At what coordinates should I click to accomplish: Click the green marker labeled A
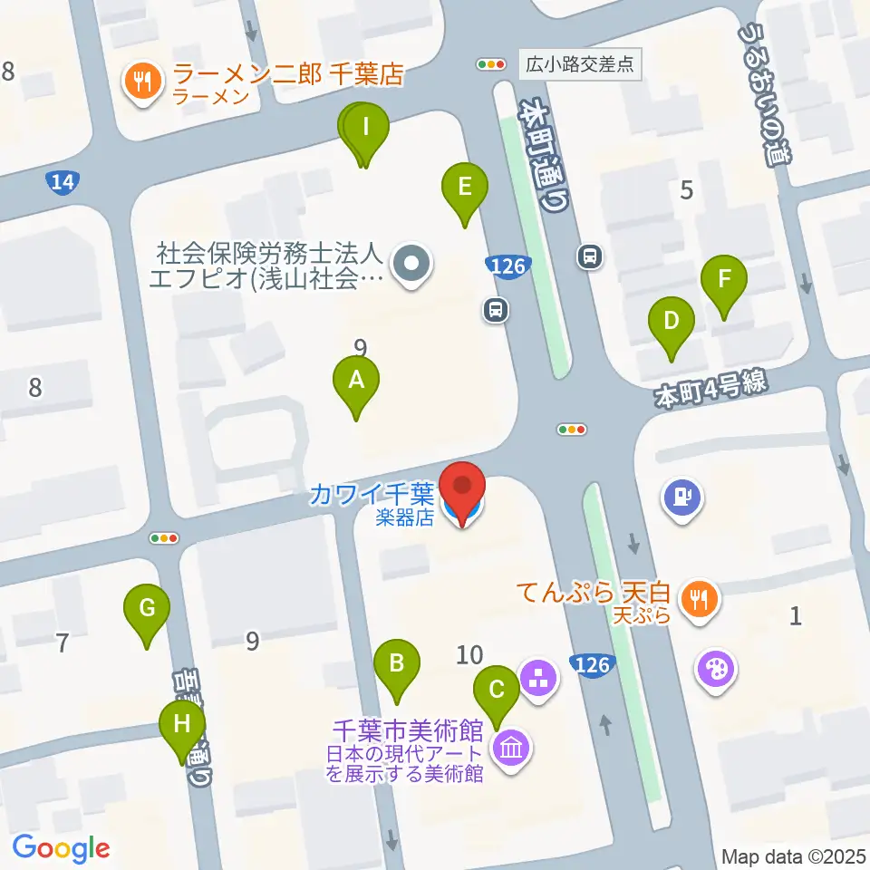pos(356,382)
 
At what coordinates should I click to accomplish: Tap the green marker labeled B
pos(396,663)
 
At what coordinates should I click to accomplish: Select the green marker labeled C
pos(497,690)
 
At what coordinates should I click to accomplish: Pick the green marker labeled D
pos(671,321)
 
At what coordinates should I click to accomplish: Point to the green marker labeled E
pos(465,188)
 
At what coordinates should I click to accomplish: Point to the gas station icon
pos(682,498)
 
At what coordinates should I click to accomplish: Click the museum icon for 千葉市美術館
pos(511,749)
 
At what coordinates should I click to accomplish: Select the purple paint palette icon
pos(715,672)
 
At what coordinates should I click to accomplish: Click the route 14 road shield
pos(62,183)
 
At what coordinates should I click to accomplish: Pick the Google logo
pos(62,848)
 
